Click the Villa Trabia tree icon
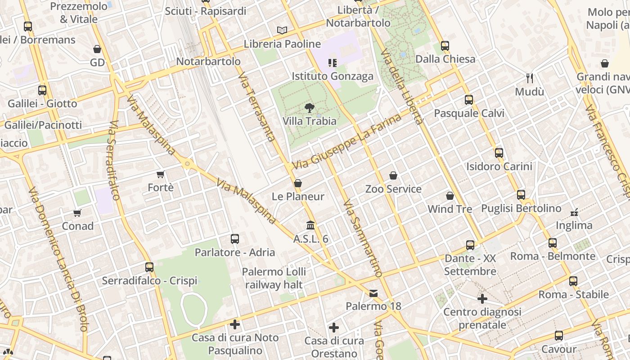309,108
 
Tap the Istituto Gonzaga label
333,76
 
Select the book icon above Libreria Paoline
282,30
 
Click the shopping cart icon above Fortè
161,174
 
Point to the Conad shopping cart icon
78,213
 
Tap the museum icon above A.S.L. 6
310,225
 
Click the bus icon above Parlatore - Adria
234,239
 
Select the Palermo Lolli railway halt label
274,278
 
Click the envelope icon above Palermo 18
373,293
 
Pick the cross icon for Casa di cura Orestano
334,327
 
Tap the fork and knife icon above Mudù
530,78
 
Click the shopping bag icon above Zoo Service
393,175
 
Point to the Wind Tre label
450,209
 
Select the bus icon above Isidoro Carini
499,153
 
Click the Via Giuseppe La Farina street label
346,142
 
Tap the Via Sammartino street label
363,238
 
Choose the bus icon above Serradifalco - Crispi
149,267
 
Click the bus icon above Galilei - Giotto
42,90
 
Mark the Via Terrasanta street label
256,107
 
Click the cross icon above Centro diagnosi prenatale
482,299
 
